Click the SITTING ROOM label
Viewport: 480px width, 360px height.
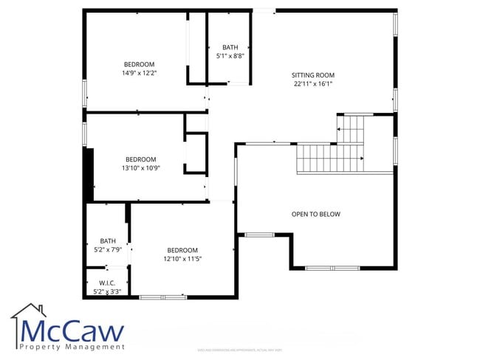[312, 75]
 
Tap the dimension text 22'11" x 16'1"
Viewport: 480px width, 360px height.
[312, 83]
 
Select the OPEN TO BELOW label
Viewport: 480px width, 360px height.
[315, 215]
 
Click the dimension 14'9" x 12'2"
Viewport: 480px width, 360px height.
[139, 73]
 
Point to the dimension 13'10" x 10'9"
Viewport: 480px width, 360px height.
[140, 168]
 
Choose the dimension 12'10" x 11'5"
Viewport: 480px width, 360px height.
[182, 259]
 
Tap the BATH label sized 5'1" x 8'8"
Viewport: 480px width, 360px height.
[230, 47]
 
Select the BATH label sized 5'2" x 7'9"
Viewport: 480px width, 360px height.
[108, 240]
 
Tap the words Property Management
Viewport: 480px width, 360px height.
[72, 347]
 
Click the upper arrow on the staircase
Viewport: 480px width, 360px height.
[340, 130]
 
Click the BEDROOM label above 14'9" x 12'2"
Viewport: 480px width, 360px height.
[139, 64]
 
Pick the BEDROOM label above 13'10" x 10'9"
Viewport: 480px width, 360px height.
[140, 159]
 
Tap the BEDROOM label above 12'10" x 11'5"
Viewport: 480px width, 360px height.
[182, 250]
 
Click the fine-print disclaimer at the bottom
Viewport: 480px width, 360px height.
[239, 350]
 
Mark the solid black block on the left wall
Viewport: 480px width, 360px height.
[89, 174]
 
